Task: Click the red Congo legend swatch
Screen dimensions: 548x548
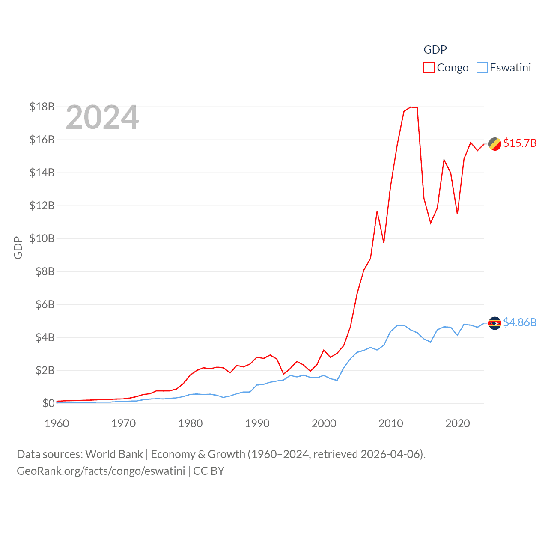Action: point(429,68)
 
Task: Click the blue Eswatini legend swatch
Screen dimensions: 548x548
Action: point(482,68)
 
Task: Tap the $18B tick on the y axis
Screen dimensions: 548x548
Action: point(42,107)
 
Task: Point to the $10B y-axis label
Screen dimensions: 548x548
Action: point(42,238)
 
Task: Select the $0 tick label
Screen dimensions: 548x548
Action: point(48,403)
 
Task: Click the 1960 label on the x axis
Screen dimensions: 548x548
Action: point(57,423)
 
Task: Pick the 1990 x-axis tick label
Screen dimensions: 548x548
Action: point(257,423)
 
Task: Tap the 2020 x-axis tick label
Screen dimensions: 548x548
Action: point(458,423)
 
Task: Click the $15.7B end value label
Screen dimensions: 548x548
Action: point(520,143)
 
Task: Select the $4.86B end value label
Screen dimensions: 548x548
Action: point(520,322)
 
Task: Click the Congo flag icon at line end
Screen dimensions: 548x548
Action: point(495,144)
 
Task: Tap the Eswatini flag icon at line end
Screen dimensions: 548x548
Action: point(495,323)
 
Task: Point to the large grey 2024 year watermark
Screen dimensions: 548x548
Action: point(102,117)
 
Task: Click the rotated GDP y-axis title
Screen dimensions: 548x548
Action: point(18,247)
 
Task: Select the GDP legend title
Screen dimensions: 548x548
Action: point(435,50)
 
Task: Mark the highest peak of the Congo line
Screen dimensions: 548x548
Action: point(411,107)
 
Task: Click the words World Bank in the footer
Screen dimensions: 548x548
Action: point(114,454)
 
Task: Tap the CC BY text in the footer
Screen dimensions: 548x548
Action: point(209,471)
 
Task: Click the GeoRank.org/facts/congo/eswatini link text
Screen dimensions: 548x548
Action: point(101,471)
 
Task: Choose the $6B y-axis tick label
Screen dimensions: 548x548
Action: point(45,304)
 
